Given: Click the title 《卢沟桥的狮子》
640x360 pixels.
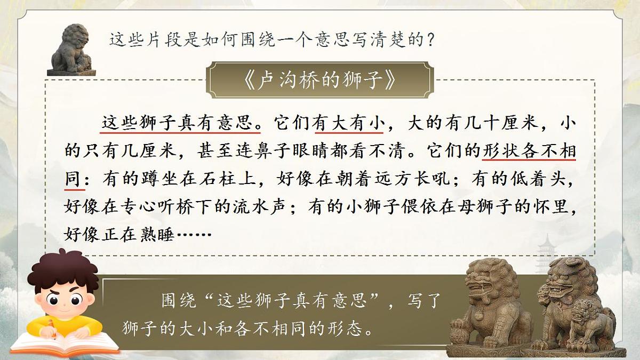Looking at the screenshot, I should (x=320, y=80).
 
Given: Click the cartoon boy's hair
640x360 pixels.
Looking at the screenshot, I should (x=64, y=269).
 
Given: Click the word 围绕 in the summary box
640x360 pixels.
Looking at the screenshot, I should (x=179, y=301).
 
